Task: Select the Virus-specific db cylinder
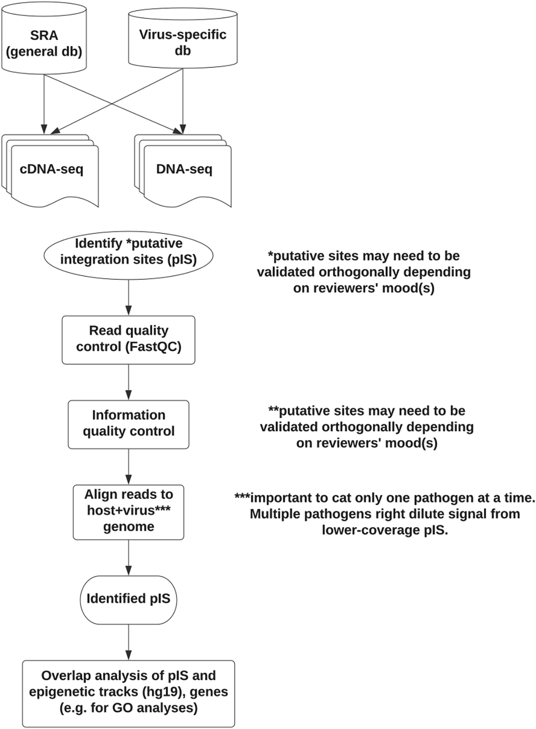(x=183, y=39)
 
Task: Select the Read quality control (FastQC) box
(x=128, y=340)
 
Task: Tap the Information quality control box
(x=128, y=424)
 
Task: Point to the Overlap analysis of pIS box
(x=128, y=694)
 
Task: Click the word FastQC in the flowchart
(x=153, y=347)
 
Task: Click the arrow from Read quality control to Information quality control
(x=129, y=382)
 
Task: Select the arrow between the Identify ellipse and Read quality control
(x=129, y=298)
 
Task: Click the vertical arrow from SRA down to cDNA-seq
(x=44, y=104)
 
